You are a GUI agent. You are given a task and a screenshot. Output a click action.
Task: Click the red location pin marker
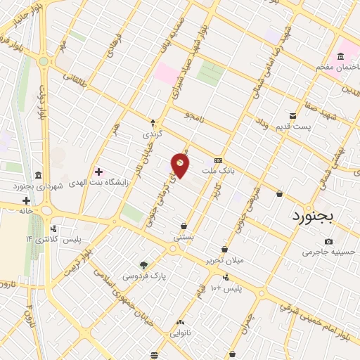click(181, 164)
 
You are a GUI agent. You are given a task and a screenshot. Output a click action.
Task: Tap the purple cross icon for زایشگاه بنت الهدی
click(98, 172)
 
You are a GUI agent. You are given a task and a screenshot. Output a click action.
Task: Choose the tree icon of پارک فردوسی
click(143, 265)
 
